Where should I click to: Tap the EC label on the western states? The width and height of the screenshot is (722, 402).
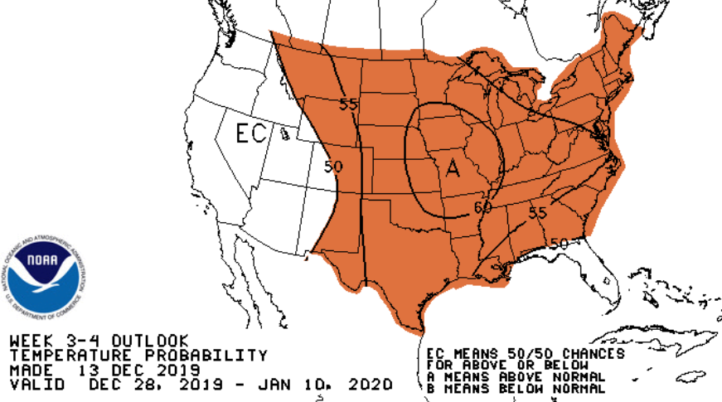pos(250,133)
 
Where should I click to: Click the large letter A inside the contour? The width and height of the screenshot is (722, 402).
pos(453,168)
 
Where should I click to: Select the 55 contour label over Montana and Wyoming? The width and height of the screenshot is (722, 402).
pos(348,104)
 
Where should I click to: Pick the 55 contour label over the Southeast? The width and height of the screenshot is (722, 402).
pos(537,213)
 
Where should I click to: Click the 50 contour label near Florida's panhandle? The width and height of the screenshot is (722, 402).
pos(559,243)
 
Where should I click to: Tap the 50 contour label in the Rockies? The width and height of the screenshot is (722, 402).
pos(333,166)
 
